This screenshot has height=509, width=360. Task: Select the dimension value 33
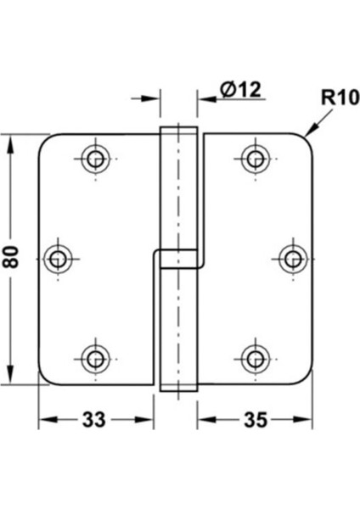pyautogui.click(x=96, y=420)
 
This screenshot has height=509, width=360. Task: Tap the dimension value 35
pyautogui.click(x=252, y=420)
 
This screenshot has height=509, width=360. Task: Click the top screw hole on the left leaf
pyautogui.click(x=94, y=157)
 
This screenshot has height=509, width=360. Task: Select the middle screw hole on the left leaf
pyautogui.click(x=59, y=257)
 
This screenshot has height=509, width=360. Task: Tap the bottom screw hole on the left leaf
pyautogui.click(x=94, y=356)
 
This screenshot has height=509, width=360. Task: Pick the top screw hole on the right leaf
pyautogui.click(x=254, y=157)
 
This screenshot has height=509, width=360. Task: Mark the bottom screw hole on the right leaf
pyautogui.click(x=254, y=356)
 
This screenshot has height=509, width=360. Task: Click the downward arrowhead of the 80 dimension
pyautogui.click(x=12, y=377)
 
